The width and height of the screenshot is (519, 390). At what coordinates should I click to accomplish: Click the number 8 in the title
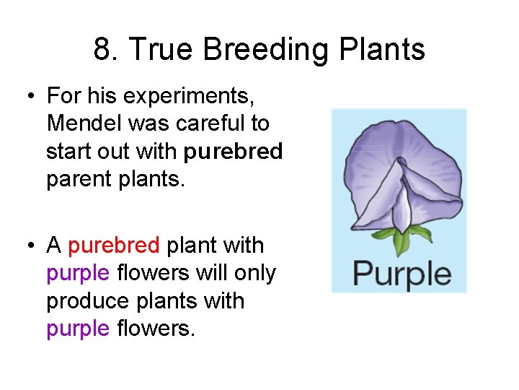(103, 51)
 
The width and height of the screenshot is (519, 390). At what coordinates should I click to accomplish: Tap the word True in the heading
(164, 51)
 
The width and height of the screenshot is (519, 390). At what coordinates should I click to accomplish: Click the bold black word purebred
(233, 152)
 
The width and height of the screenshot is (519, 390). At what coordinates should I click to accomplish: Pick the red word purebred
(114, 246)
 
